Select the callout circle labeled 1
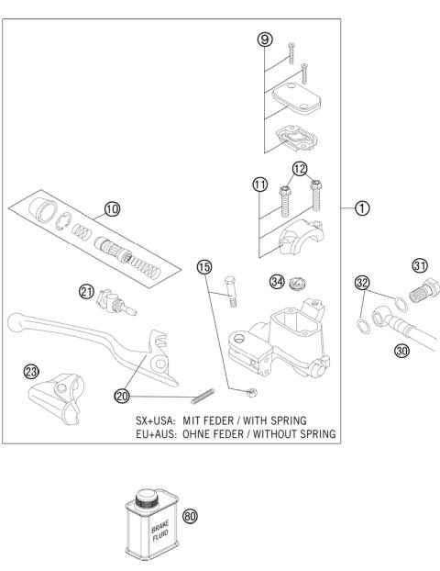coord(362,207)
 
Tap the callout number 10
coord(112,209)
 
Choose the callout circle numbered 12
coord(299,167)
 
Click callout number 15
coord(204,267)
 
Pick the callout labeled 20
coord(122,396)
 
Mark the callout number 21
coord(87,291)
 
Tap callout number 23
coord(30,371)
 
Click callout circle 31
coord(421,265)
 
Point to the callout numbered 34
coord(276,280)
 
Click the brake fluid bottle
coord(148,530)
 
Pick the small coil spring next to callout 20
coord(206,398)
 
